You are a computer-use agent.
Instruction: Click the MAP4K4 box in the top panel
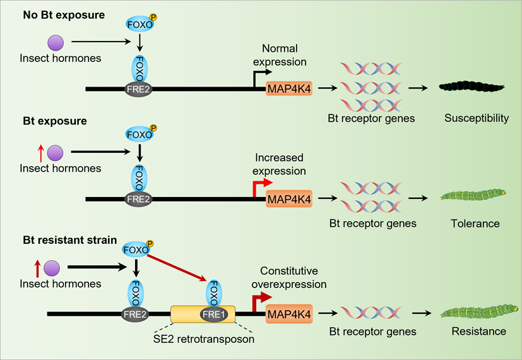289,89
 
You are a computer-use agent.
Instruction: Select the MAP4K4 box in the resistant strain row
289,313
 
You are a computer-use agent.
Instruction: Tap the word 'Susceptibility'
477,118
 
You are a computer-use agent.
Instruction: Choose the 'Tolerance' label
475,224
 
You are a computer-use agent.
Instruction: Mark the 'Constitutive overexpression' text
293,277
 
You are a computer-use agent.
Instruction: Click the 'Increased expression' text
280,164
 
